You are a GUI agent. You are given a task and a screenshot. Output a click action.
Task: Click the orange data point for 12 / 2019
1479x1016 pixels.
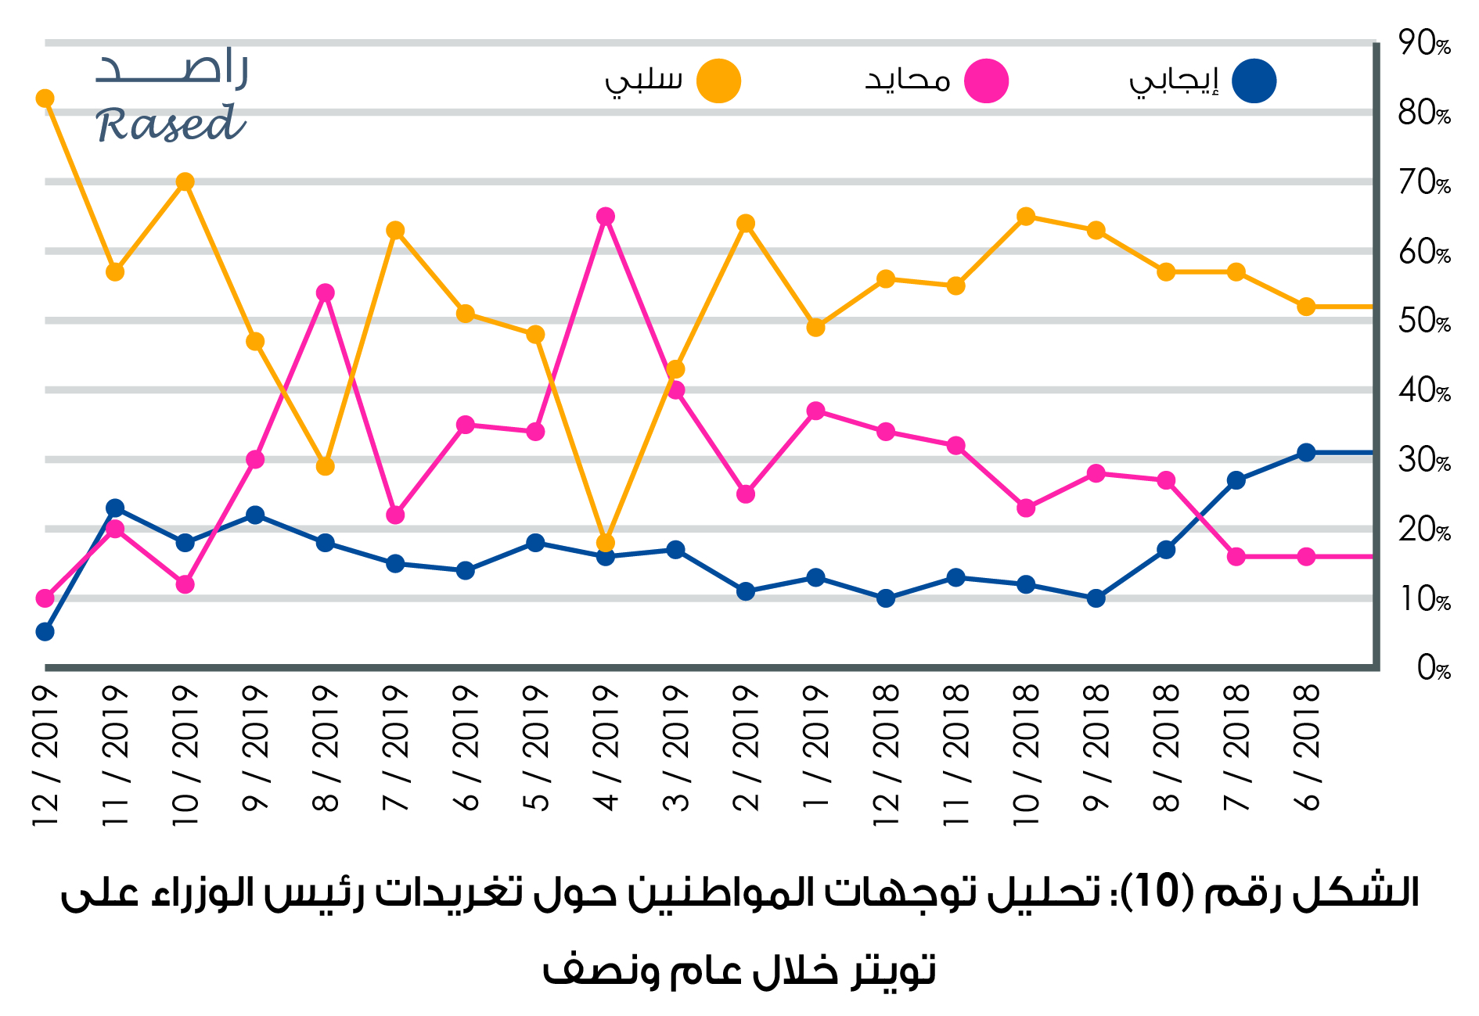(x=45, y=99)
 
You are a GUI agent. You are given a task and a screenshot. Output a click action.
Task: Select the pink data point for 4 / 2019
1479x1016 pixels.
(x=605, y=217)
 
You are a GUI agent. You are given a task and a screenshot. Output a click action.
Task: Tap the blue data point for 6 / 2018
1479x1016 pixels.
(x=1305, y=453)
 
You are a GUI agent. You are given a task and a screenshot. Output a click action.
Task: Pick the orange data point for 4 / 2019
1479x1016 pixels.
(x=605, y=543)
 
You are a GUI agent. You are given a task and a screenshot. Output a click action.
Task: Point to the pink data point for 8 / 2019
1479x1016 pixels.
(x=326, y=293)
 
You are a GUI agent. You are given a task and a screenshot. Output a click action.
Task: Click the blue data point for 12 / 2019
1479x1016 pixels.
(x=45, y=632)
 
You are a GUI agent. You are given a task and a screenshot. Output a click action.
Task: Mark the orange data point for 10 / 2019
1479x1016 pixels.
(x=185, y=182)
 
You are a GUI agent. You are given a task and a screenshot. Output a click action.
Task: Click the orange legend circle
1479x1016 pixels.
(x=718, y=81)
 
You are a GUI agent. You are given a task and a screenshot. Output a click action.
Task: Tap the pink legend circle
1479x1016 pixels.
(x=986, y=81)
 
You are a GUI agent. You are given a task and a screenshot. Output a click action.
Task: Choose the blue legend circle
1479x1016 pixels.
(x=1254, y=81)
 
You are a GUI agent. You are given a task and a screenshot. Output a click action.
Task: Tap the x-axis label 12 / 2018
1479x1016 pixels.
(x=886, y=755)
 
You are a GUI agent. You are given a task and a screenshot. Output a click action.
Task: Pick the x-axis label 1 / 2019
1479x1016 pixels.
(x=815, y=747)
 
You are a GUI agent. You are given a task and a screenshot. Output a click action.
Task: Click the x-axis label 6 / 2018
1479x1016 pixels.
(x=1306, y=747)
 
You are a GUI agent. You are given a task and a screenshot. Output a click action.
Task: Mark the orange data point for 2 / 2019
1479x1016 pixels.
(x=746, y=224)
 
